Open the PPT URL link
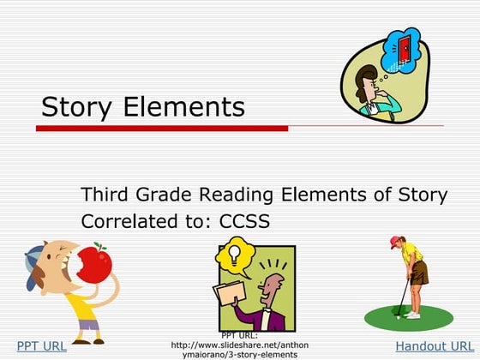(42, 346)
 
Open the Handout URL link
(434, 346)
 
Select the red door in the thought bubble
(402, 50)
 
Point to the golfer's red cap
(396, 242)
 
